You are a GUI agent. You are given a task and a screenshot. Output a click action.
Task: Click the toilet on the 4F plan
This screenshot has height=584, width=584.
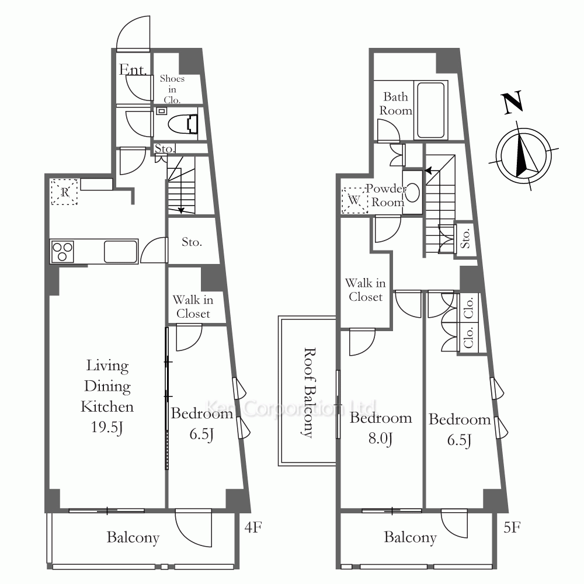[183, 124]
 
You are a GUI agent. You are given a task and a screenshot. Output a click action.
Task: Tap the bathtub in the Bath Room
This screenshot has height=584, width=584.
[431, 110]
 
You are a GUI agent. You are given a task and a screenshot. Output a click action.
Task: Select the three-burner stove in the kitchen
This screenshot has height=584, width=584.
[62, 252]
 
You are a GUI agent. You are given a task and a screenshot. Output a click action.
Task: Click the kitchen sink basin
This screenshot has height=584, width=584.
[120, 252]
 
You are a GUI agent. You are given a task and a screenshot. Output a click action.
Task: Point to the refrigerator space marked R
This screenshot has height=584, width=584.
[64, 192]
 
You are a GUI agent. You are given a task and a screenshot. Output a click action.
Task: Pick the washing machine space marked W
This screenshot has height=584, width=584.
[354, 200]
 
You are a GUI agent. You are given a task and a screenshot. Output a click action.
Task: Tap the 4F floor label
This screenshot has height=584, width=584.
[253, 527]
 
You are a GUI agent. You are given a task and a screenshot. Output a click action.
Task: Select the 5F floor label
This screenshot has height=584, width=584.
[512, 527]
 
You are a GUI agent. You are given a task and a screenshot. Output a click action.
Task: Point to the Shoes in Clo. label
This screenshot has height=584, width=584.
[172, 89]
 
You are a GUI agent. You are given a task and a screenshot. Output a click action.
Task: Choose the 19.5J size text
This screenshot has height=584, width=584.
[107, 427]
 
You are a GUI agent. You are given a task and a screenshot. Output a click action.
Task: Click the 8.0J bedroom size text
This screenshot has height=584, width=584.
[380, 439]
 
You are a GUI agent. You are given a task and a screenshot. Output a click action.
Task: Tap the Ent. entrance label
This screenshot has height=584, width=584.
[133, 69]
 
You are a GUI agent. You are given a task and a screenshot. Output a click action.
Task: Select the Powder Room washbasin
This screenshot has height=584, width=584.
[413, 193]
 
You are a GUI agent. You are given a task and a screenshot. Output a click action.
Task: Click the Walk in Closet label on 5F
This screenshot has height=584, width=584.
[366, 290]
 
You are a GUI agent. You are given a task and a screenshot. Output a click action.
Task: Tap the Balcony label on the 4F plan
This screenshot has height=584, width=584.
[133, 537]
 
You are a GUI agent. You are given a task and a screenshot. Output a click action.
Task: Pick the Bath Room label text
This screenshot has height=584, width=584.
[395, 104]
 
